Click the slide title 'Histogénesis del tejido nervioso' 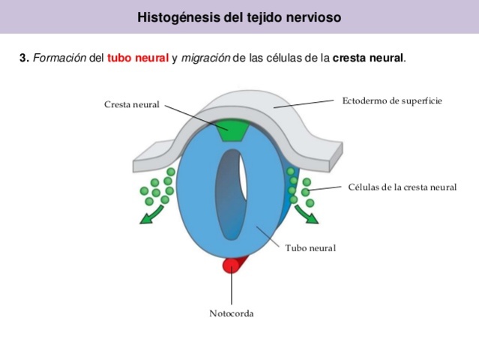[239, 16]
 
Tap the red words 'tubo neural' [138, 58]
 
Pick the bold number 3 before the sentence [23, 58]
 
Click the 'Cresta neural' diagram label [131, 104]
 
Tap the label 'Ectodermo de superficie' [392, 100]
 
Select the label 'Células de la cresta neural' [402, 187]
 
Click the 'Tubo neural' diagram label [310, 247]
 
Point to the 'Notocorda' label [232, 313]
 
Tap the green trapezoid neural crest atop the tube [232, 130]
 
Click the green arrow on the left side [150, 215]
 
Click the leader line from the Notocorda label [232, 289]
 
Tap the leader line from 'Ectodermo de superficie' [307, 103]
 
